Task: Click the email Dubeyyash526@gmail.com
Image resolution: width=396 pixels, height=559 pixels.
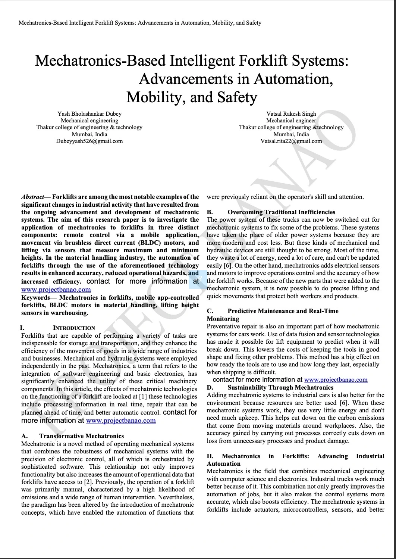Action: click(x=89, y=141)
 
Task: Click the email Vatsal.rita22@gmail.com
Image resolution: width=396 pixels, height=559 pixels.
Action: click(x=291, y=141)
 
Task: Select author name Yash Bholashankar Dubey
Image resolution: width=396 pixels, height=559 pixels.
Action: click(x=89, y=114)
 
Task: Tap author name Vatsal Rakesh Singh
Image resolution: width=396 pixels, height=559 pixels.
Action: click(x=291, y=114)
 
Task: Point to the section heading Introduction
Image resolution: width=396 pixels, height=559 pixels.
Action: click(x=74, y=328)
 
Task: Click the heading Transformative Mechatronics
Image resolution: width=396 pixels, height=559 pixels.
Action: click(x=81, y=436)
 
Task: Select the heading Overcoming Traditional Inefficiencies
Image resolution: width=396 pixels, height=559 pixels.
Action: click(x=281, y=212)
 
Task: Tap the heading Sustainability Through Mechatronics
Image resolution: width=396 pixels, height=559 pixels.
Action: click(x=280, y=387)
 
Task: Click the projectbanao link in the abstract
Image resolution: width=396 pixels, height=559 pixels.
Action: click(x=56, y=290)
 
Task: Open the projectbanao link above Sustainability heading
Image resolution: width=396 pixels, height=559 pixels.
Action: click(x=336, y=380)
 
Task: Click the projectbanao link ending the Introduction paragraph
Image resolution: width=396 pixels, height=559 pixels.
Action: click(x=121, y=421)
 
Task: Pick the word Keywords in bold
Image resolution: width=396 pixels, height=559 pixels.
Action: click(x=35, y=298)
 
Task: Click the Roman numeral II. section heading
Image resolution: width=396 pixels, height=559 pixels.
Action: click(x=210, y=456)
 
